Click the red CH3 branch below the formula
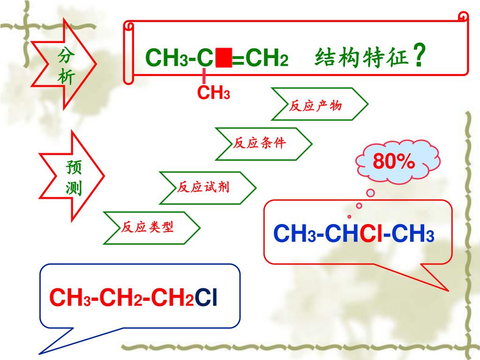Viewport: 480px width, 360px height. point(213,93)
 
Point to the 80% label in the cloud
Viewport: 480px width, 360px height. point(394,162)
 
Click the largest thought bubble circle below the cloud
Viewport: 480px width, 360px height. point(370,193)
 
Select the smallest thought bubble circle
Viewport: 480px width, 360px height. point(349,217)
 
